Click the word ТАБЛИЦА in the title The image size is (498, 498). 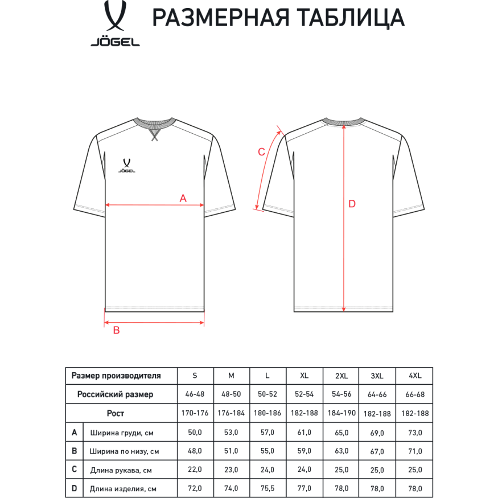343,18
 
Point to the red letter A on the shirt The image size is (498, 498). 183,198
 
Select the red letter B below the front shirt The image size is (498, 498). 116,331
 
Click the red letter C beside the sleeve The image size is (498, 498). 261,152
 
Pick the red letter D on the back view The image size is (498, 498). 352,204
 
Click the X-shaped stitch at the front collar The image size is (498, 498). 154,135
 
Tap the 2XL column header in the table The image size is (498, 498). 341,376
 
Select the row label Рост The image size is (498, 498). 116,413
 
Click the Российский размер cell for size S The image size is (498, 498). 195,394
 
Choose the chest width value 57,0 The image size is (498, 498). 267,433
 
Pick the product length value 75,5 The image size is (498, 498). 267,488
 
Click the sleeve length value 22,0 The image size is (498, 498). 195,470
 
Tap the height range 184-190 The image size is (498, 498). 341,413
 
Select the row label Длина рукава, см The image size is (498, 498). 121,470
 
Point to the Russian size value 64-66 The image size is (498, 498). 377,394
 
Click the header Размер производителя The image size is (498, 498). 116,376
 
